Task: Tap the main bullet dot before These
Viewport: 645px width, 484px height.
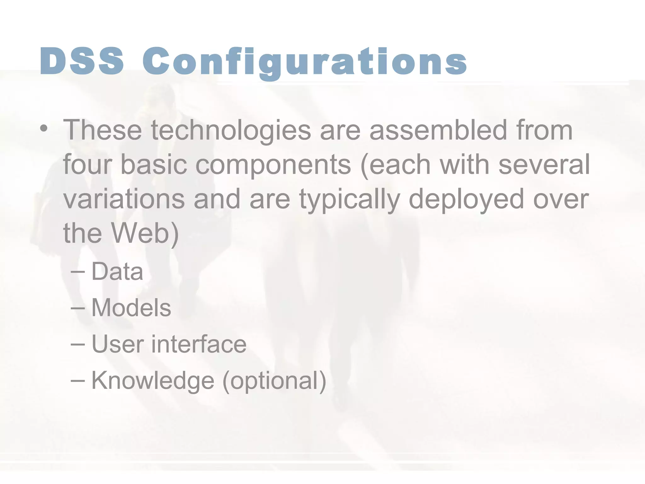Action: click(x=44, y=129)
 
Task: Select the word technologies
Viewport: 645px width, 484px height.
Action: click(x=231, y=130)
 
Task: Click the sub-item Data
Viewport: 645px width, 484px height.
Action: click(x=117, y=272)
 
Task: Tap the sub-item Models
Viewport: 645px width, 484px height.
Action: click(x=131, y=308)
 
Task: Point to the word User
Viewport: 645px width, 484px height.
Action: click(x=118, y=344)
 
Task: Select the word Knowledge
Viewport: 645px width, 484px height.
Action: click(x=153, y=381)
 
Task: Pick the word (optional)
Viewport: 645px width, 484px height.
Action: click(x=274, y=381)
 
